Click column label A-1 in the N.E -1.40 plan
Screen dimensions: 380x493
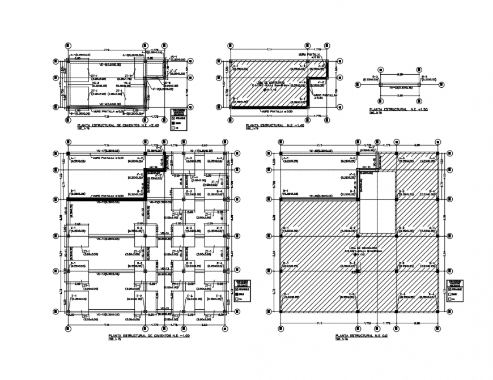tap(236, 65)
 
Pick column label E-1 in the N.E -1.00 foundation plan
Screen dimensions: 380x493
tap(74, 296)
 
